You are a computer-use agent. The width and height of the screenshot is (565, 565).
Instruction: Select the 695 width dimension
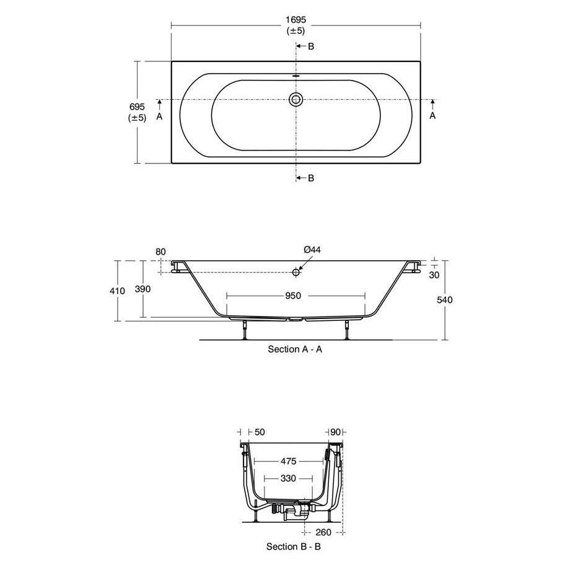(x=138, y=107)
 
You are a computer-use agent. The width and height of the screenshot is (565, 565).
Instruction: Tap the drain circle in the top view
(x=296, y=99)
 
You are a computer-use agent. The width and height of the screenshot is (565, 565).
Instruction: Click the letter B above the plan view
(x=311, y=46)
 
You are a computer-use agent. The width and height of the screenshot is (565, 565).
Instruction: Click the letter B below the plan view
(x=311, y=178)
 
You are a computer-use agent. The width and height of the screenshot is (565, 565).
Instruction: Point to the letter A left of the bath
(x=159, y=116)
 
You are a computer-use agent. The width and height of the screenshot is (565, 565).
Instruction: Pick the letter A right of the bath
(x=432, y=116)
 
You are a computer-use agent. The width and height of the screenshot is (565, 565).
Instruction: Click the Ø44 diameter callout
(x=312, y=250)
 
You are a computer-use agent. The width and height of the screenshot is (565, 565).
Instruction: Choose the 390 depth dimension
(x=143, y=289)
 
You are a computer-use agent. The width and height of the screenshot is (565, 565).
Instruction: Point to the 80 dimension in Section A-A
(x=161, y=252)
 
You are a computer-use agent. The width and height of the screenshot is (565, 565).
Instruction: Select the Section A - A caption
(x=295, y=349)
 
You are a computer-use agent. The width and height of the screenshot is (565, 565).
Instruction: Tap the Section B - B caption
(x=294, y=546)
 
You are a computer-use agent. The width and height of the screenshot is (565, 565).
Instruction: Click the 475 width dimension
(x=288, y=462)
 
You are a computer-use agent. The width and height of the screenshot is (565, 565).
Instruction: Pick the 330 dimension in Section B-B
(x=288, y=478)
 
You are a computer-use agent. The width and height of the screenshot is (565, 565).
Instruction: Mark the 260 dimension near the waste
(x=324, y=532)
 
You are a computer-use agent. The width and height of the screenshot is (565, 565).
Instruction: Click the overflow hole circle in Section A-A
(x=296, y=272)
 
